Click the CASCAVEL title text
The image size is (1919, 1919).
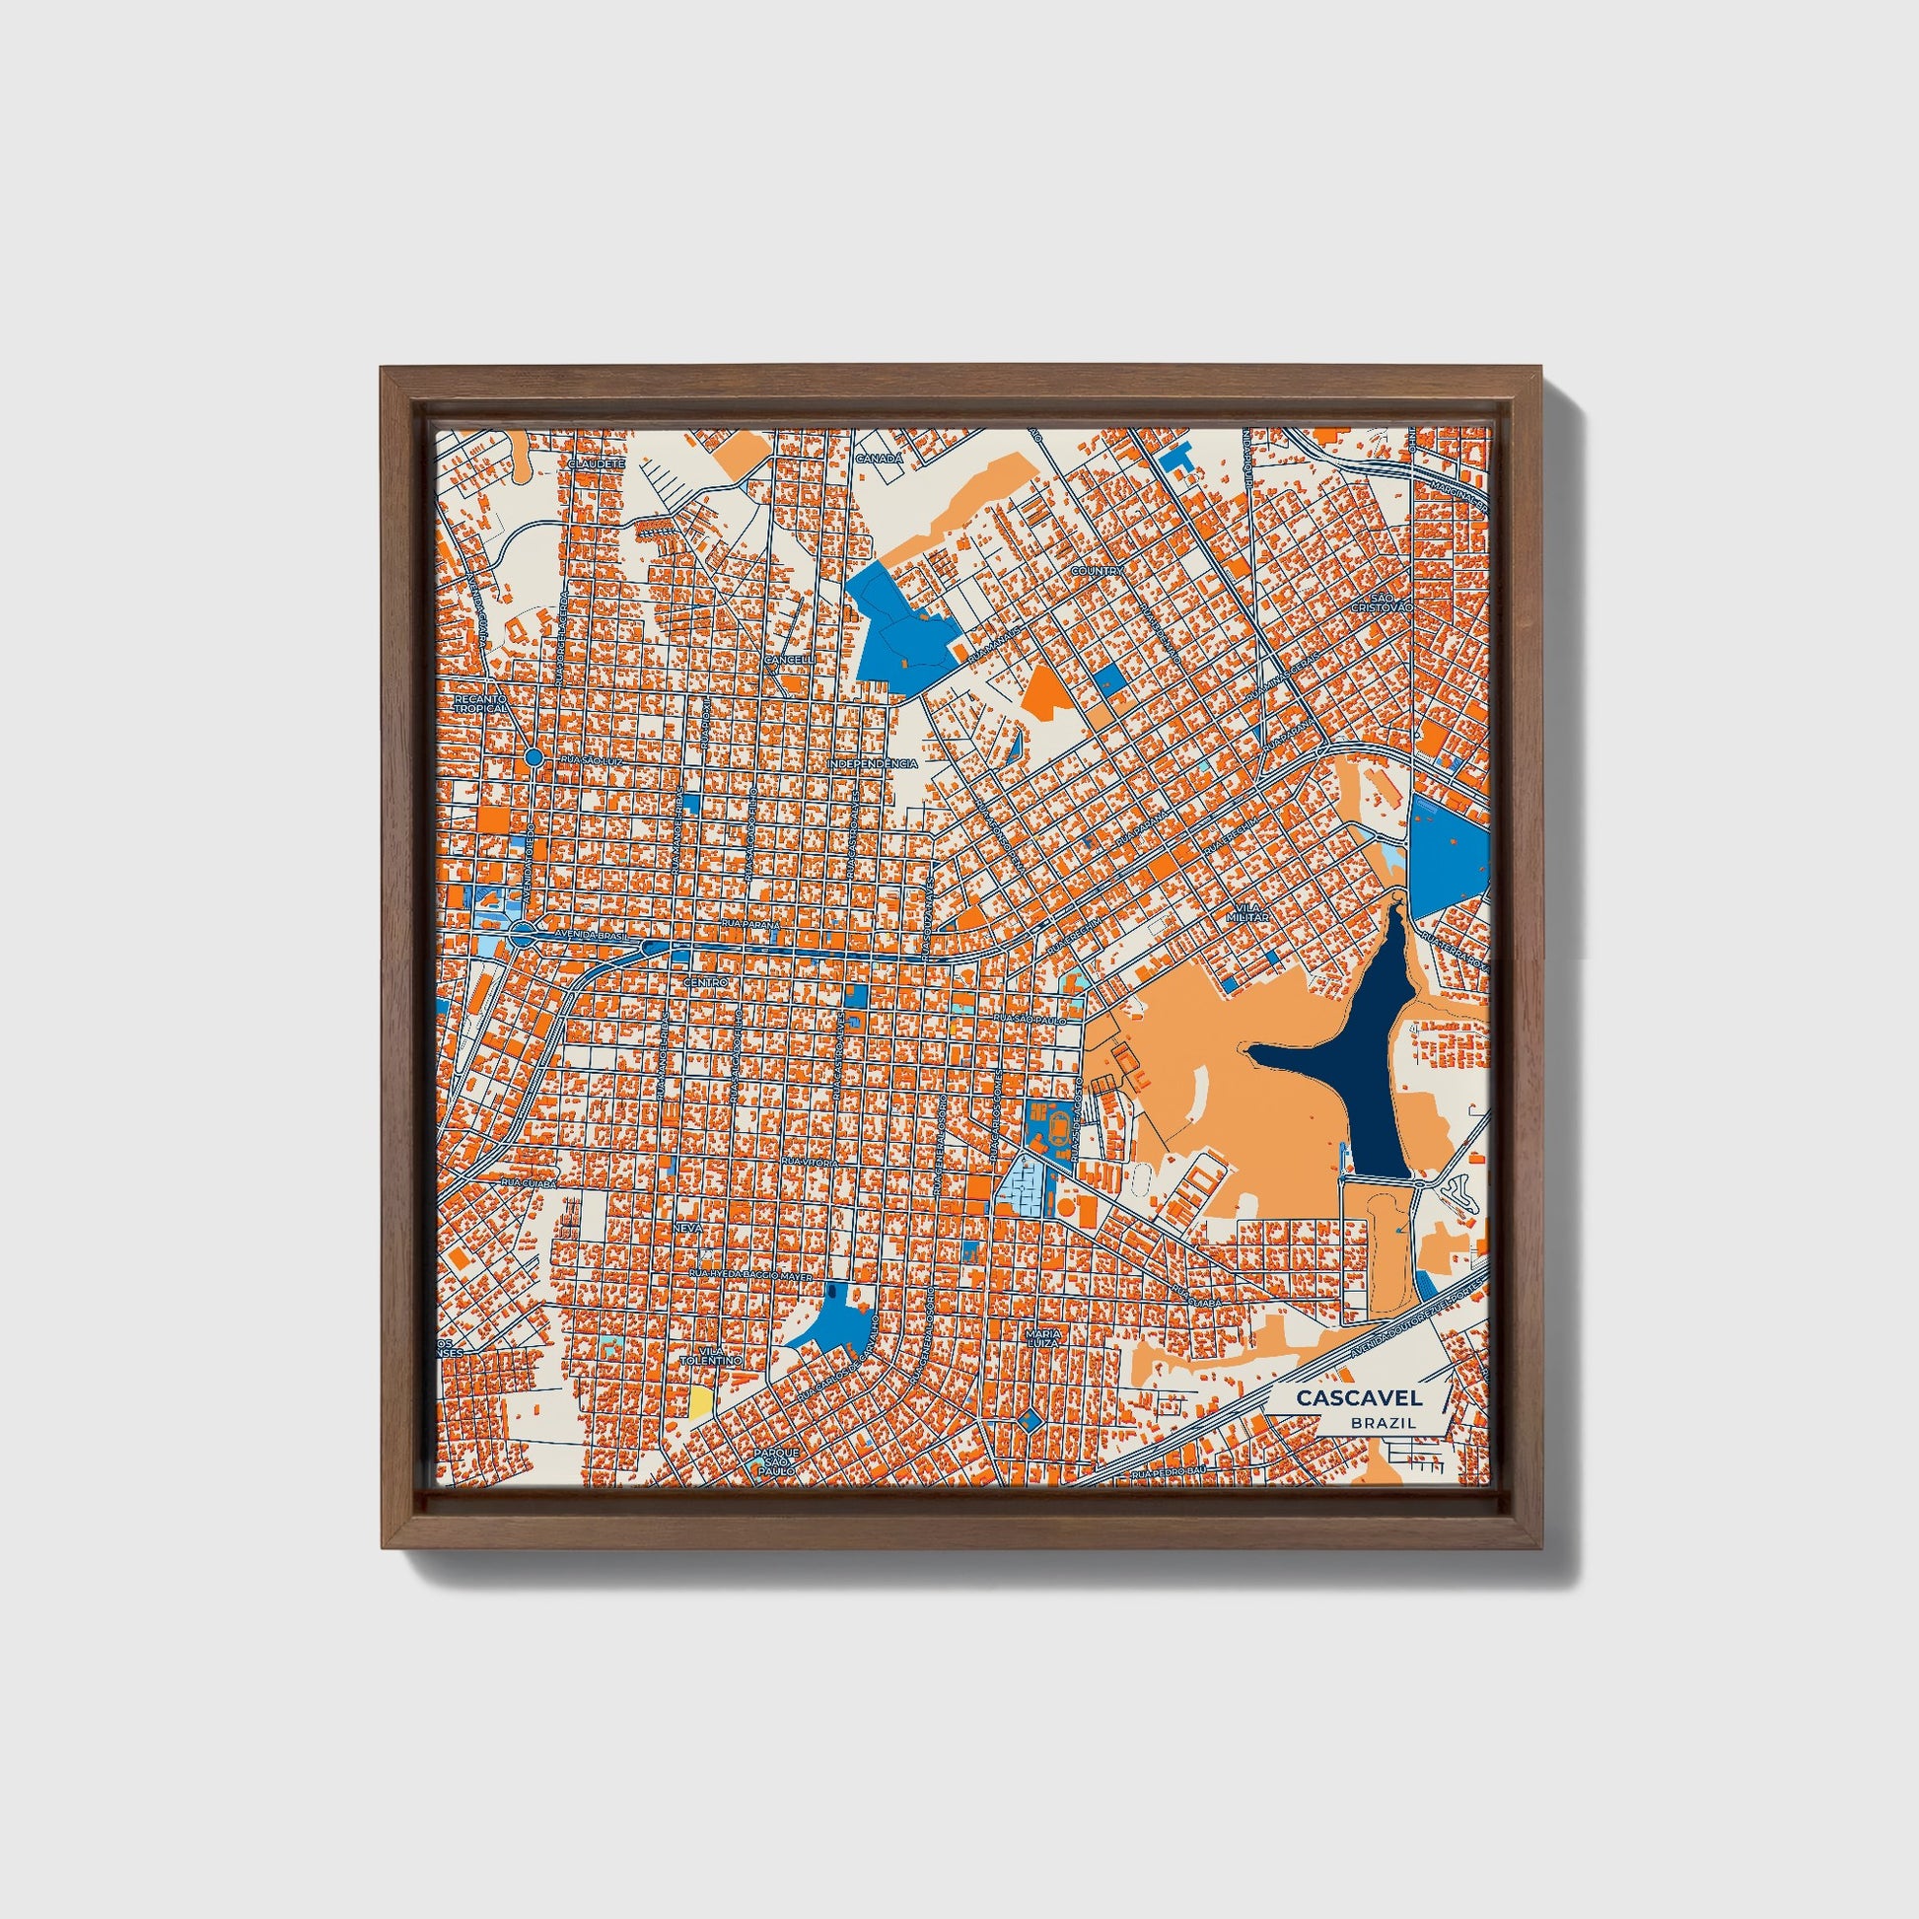pos(1358,1397)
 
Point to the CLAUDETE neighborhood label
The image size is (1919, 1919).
pos(596,463)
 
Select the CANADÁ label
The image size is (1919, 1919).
pos(880,459)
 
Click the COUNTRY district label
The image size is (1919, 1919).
pos(1097,572)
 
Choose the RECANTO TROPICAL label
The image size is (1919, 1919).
pos(481,703)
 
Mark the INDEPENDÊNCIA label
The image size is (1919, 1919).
pos(872,763)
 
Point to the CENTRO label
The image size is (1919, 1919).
pos(706,982)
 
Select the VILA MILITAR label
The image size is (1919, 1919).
pos(1247,914)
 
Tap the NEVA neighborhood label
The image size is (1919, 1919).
pos(687,1228)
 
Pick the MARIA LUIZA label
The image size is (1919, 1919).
pos(1044,1337)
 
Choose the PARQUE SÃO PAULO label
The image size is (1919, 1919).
pos(775,1457)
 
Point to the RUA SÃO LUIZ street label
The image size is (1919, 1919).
pos(592,760)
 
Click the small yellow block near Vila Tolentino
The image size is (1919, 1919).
pos(701,1401)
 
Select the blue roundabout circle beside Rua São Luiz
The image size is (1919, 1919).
pos(533,758)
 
